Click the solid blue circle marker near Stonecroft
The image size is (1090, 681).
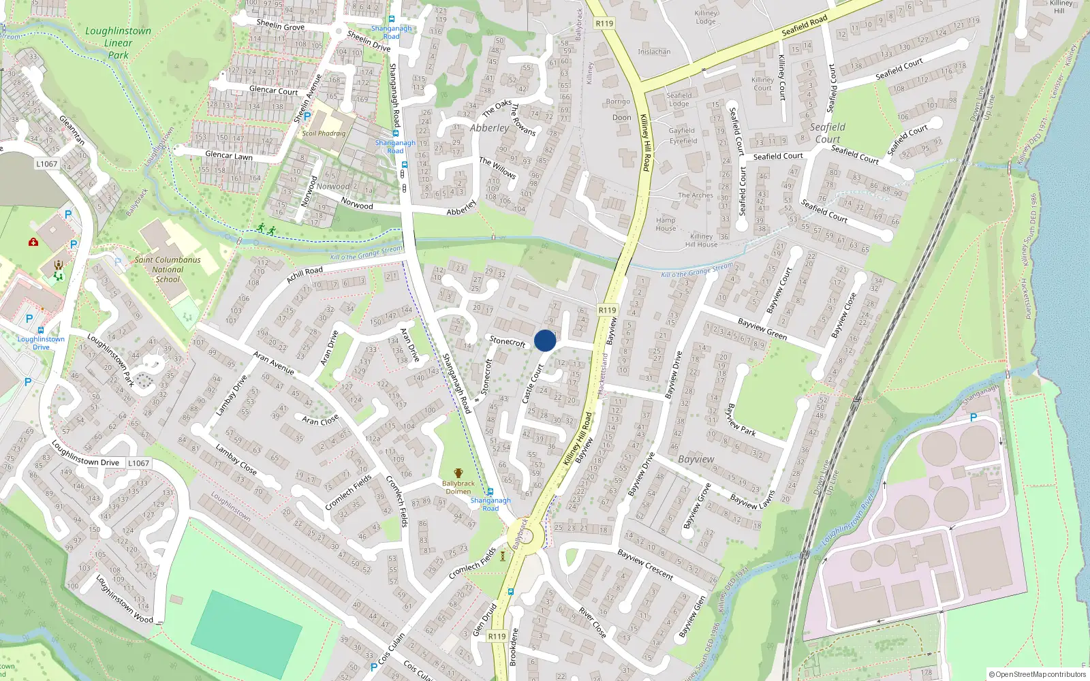tap(545, 340)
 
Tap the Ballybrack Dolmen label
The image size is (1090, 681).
tap(458, 487)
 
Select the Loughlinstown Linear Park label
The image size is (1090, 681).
tap(119, 43)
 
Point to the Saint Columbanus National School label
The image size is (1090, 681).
tap(168, 269)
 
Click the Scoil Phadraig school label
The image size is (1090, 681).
tap(324, 133)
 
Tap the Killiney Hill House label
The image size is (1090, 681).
tap(701, 240)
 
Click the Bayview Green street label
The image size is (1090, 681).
tap(762, 329)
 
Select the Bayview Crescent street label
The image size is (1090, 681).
tap(645, 565)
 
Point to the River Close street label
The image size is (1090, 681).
tap(592, 622)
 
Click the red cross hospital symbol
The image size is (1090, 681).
tap(33, 242)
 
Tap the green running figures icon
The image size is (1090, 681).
tap(266, 229)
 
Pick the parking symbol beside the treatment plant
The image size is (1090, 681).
tap(973, 417)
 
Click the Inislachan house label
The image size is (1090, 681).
tap(654, 52)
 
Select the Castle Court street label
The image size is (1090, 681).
tap(532, 384)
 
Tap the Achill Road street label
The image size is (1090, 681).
tap(305, 274)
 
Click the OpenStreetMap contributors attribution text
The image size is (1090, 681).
tap(1038, 674)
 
